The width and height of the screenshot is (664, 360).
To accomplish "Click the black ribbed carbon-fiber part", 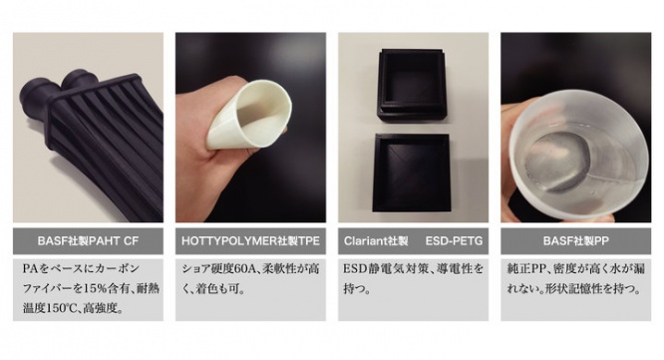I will click(95, 120).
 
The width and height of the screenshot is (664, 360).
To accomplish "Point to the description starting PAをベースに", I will click(86, 290).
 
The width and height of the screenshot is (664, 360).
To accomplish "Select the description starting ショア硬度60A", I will click(249, 279).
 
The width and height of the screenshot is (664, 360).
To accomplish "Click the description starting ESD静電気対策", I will click(412, 279).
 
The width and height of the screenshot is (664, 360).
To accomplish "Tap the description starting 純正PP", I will click(576, 279).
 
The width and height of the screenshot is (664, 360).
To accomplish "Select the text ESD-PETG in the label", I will click(452, 242).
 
